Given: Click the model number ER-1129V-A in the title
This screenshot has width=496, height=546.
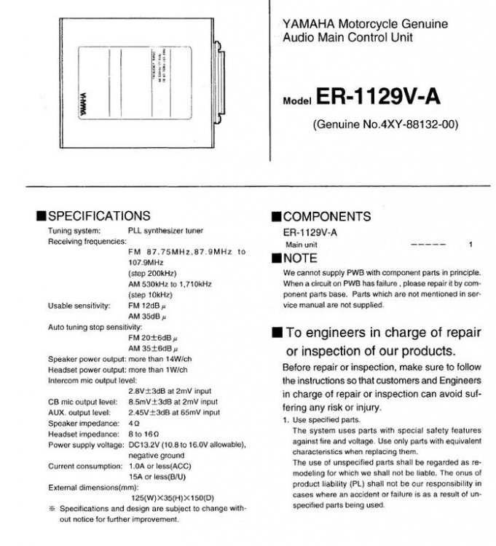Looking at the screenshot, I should [x=379, y=98].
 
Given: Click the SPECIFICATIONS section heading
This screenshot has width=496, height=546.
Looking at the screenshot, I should [x=99, y=215].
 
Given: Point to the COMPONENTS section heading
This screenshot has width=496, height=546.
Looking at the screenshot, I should [x=326, y=216].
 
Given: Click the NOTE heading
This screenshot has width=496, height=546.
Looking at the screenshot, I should [x=300, y=258].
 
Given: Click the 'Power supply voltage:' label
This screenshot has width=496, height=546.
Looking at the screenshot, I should [x=85, y=444].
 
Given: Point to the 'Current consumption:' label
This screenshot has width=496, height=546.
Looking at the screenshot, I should [x=84, y=465].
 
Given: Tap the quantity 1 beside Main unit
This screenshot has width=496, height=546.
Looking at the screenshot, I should [x=471, y=245].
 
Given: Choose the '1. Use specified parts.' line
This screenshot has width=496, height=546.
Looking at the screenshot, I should [x=321, y=420].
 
